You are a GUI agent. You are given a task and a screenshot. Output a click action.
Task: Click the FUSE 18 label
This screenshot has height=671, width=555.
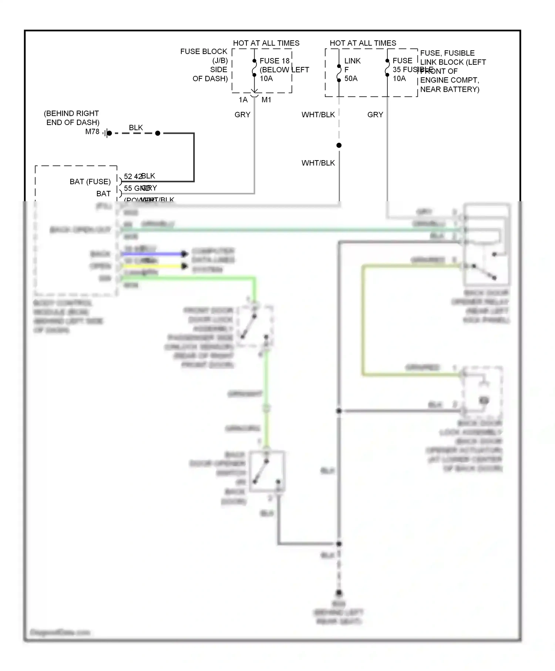point(274,61)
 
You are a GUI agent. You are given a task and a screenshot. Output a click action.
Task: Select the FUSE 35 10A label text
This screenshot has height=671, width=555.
point(402,70)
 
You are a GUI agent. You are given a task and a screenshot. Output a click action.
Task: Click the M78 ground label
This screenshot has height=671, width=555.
point(92,132)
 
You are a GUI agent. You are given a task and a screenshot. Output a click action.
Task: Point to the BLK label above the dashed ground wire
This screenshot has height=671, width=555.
point(136,128)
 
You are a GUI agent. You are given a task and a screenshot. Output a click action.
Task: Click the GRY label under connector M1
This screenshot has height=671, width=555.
point(242,115)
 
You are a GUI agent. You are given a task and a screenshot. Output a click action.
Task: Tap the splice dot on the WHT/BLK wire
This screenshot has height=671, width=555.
point(339,145)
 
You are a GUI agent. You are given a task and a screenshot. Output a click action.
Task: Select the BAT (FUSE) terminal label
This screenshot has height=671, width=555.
point(90,182)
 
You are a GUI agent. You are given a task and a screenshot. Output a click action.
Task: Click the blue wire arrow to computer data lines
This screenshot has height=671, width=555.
point(184,254)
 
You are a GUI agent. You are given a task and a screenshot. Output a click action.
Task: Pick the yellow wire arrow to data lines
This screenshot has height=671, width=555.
point(184,266)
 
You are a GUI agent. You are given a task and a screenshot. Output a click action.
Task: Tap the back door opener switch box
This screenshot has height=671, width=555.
point(267,471)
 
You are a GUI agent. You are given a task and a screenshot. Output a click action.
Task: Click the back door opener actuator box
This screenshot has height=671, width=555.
point(482,391)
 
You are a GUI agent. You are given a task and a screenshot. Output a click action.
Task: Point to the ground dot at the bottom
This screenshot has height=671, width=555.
point(339,592)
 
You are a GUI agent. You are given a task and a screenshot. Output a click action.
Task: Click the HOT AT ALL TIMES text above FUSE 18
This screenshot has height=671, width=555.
point(266,43)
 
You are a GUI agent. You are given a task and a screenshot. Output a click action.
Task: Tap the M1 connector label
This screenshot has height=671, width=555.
point(266,100)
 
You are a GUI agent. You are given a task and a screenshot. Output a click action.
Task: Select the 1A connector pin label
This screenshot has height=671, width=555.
point(243,100)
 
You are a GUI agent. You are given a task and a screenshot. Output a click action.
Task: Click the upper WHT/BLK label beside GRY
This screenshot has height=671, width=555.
point(318,115)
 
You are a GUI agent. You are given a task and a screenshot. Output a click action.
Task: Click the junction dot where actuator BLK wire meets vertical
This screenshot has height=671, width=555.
point(339,411)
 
